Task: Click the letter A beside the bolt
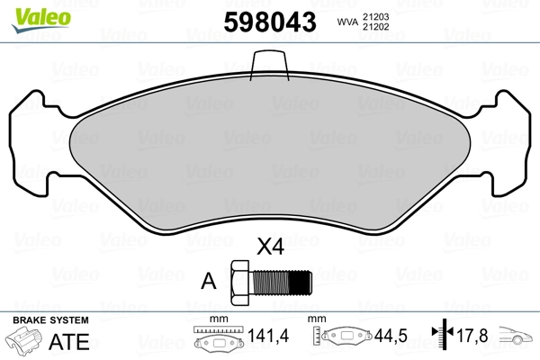(x=210, y=280)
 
